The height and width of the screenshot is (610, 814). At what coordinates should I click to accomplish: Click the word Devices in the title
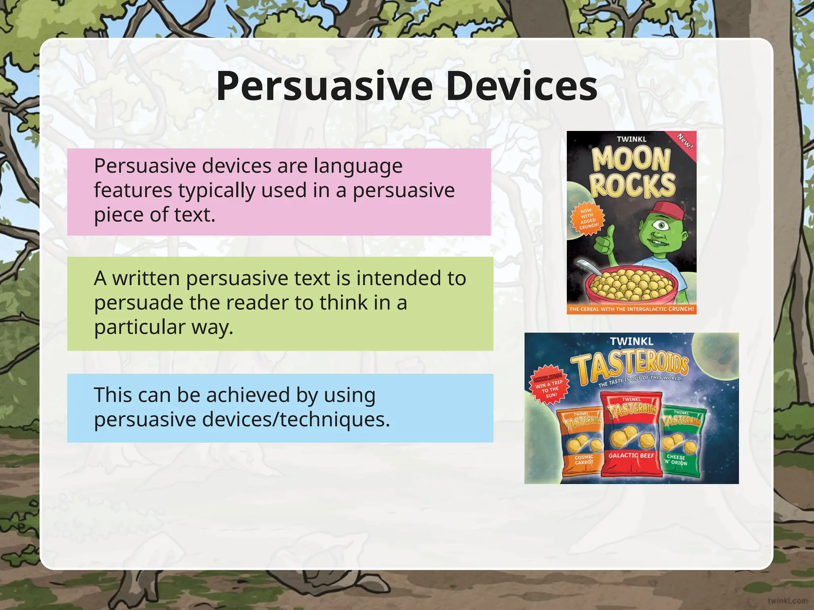(521, 86)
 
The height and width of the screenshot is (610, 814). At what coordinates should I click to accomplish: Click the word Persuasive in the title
(324, 86)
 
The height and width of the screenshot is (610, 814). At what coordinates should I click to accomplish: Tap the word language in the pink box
(358, 166)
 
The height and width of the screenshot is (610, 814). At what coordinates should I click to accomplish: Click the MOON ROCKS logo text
(632, 172)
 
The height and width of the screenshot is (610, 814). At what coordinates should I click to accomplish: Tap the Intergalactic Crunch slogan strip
(631, 309)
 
